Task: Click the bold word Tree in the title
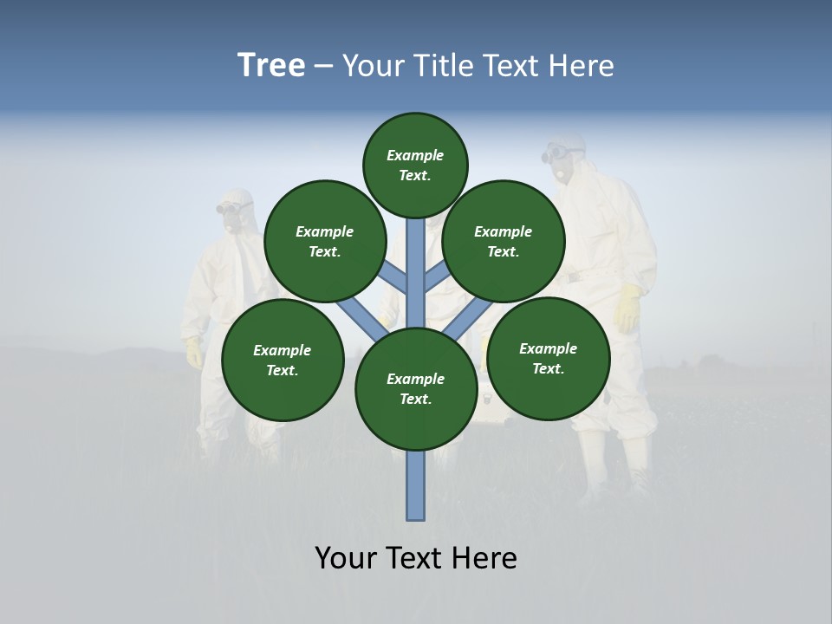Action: tap(271, 65)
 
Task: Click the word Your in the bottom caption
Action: tap(347, 558)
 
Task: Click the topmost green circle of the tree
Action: tap(415, 165)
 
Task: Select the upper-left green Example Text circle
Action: tap(325, 241)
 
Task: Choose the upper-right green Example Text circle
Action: tap(504, 241)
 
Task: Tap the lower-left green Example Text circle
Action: tap(283, 360)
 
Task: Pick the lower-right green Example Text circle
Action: tap(548, 358)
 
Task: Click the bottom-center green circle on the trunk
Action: tap(416, 388)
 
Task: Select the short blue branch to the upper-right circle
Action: tap(436, 276)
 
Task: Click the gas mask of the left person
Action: tap(232, 217)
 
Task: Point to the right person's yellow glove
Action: tap(627, 308)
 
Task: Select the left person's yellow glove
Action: tap(194, 352)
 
